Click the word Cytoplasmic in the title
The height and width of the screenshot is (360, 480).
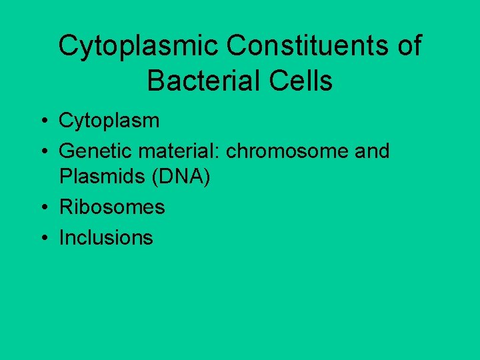tap(138, 47)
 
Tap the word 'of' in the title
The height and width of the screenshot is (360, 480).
tap(408, 47)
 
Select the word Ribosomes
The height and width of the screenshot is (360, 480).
tap(112, 207)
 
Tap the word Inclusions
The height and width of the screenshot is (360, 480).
tap(106, 237)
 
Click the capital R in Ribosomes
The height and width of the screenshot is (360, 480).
tap(65, 207)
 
